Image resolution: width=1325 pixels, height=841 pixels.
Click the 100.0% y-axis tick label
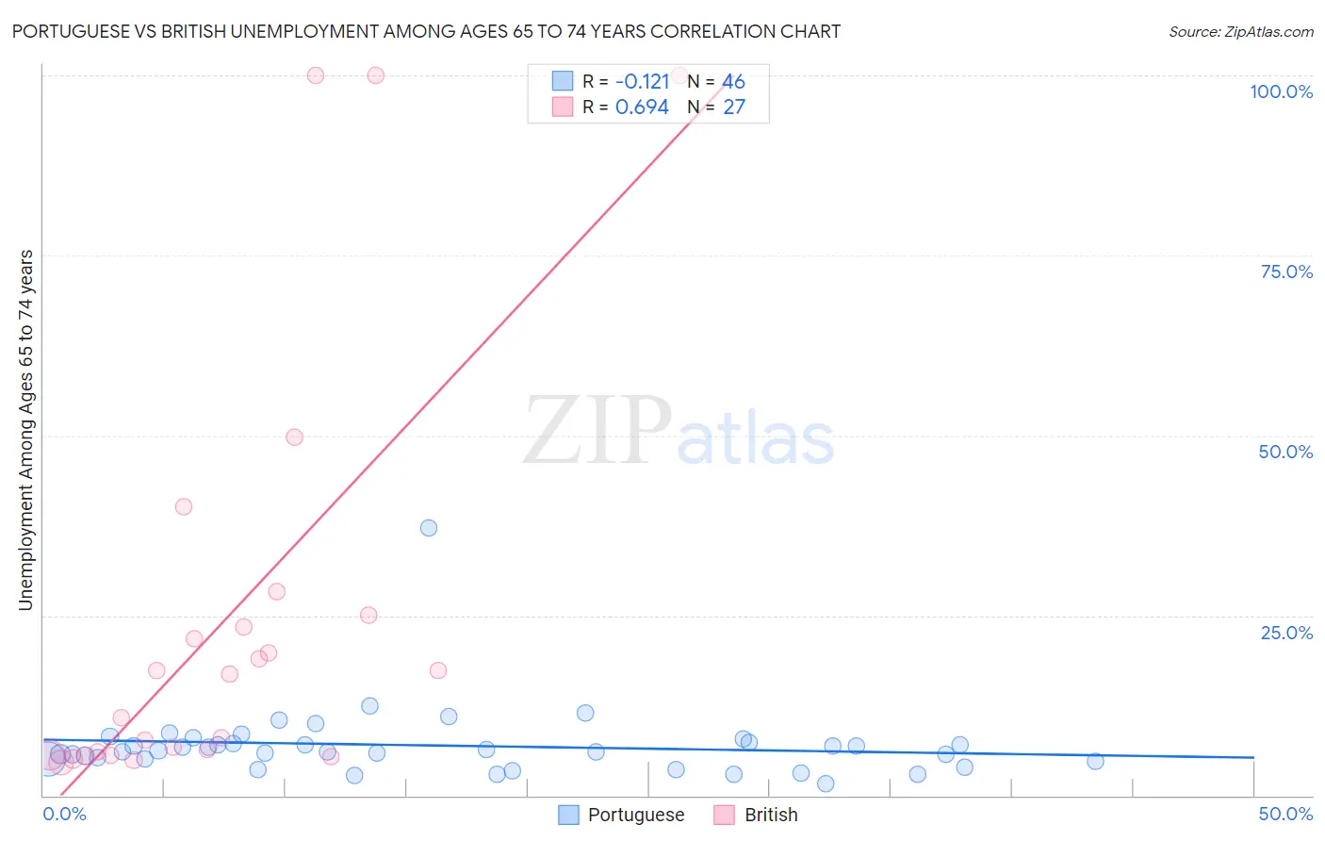coord(1281,91)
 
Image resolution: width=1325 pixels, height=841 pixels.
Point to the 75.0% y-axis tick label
coord(1286,272)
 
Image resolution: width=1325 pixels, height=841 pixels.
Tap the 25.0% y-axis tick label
coord(1286,633)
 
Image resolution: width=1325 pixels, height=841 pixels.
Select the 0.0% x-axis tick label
coord(64,814)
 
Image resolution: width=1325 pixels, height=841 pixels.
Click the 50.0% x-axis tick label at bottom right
coord(1285,814)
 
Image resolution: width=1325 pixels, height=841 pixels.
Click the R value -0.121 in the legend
coord(642,81)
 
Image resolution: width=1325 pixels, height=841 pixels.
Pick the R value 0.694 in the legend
coord(642,107)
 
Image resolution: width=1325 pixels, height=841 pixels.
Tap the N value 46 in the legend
coord(733,81)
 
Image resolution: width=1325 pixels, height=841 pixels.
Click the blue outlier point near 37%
coord(429,528)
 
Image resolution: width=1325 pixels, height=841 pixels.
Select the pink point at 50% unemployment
coord(294,437)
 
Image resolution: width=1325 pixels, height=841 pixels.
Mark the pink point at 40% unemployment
coord(184,506)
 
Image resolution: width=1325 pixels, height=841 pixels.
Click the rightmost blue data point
coord(1095,762)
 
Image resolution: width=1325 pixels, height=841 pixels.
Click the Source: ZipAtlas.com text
coord(1240,31)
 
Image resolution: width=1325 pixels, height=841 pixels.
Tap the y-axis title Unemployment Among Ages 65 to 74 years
coord(25,430)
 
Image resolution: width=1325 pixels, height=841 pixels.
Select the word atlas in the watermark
coord(756,439)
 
